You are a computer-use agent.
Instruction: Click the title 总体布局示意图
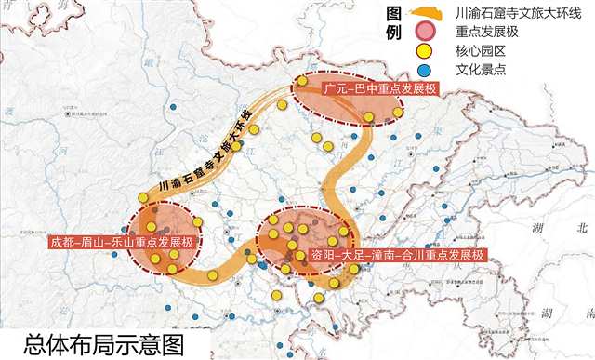105,343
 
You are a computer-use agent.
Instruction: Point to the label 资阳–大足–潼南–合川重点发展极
397,255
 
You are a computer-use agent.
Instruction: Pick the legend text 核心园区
464,53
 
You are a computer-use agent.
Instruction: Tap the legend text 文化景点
464,72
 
